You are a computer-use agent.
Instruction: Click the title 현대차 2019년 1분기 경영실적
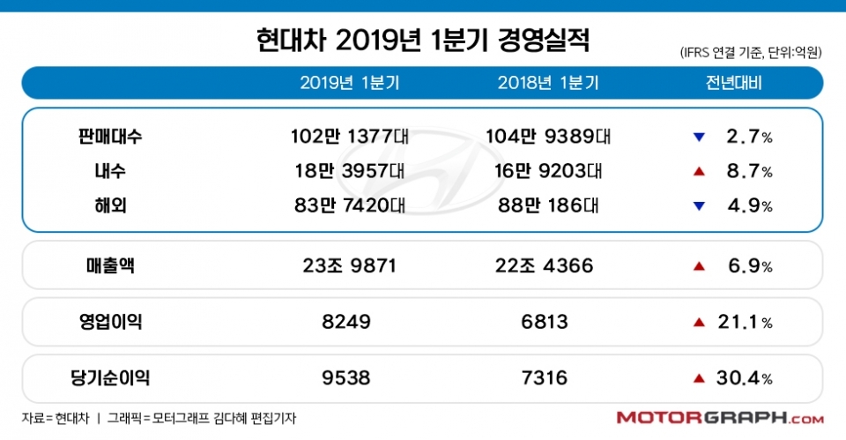coord(422,40)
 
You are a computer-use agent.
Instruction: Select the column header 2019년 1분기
coord(350,84)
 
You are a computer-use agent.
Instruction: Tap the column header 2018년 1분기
coord(547,84)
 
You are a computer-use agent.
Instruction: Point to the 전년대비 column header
coord(733,84)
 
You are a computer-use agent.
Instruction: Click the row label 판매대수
coord(109,137)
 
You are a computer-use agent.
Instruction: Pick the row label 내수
coord(109,171)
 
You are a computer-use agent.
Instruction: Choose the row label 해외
coord(109,205)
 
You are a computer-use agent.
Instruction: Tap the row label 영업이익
coord(109,322)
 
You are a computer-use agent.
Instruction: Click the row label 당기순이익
coord(109,378)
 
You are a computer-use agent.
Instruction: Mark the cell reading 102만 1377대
coord(350,137)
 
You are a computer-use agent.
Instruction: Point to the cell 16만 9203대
coord(547,171)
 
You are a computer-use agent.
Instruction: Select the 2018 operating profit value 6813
coord(547,322)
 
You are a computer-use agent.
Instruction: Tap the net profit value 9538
coord(350,378)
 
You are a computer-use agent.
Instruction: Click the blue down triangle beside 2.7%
coord(699,138)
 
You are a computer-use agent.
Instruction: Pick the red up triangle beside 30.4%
coord(699,378)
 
